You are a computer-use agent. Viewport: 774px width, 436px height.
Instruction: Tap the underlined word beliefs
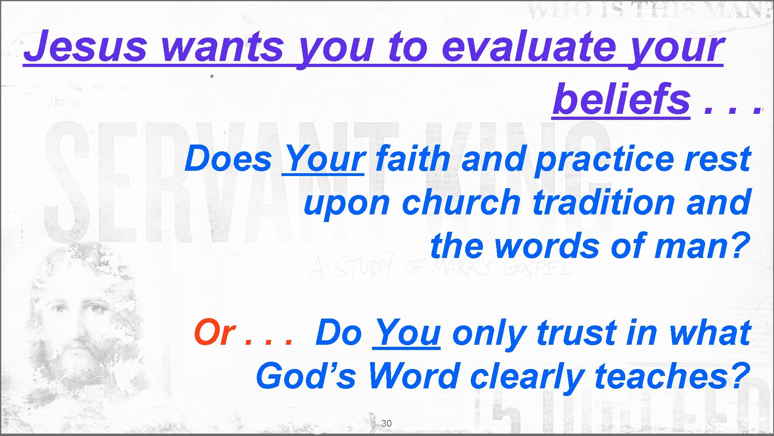(x=621, y=99)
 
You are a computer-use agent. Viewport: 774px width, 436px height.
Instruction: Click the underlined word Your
(x=324, y=159)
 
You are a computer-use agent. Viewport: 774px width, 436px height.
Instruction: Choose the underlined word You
(x=407, y=333)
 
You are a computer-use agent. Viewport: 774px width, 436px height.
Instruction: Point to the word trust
(x=577, y=333)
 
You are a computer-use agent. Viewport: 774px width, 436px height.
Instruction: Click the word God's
(x=306, y=376)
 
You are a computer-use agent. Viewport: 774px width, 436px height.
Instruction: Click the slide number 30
(x=386, y=423)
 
